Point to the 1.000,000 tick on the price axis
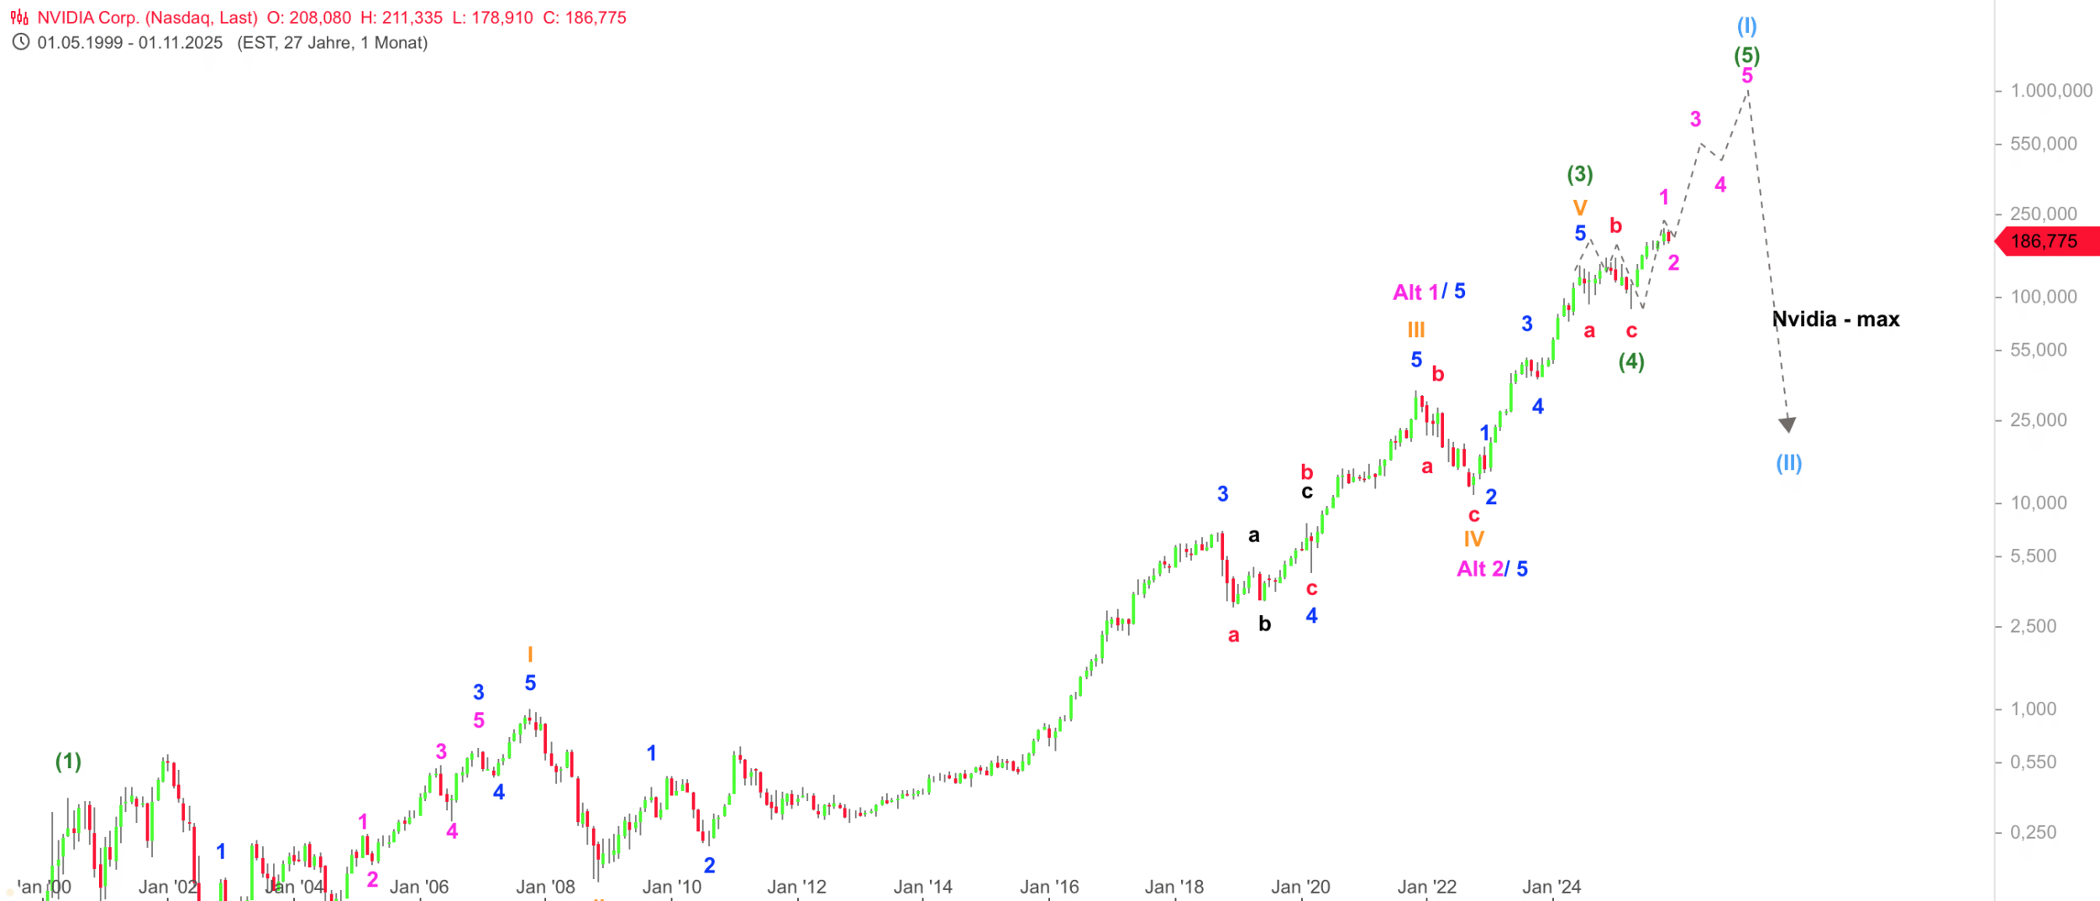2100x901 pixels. [2050, 91]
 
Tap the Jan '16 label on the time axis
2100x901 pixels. [1048, 888]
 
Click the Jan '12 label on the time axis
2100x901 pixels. [796, 888]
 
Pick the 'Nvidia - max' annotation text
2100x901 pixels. [1835, 319]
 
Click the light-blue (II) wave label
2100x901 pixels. [1788, 463]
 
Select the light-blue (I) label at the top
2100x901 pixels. [1746, 26]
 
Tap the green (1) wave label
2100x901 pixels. [68, 761]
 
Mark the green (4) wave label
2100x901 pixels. [1631, 361]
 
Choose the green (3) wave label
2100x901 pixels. [1579, 174]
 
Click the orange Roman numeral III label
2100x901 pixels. [1416, 330]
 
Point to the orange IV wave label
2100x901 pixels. [1473, 539]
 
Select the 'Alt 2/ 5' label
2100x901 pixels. [1492, 569]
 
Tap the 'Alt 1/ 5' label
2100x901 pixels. [1429, 292]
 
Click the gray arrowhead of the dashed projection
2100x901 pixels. [1788, 424]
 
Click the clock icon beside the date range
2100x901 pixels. [21, 42]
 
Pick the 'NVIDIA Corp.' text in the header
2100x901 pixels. [88, 18]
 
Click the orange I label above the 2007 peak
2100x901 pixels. [530, 654]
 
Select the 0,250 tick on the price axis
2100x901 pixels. [2033, 832]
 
